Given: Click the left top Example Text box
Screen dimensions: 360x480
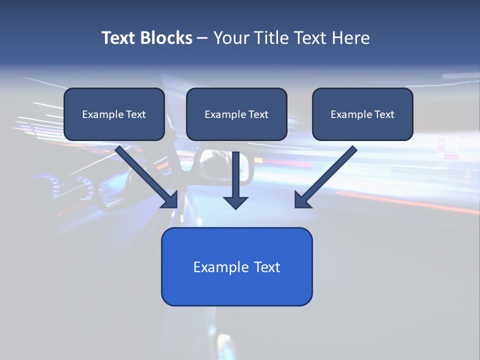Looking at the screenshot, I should click(x=114, y=114).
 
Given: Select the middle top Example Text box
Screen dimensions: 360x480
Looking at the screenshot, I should click(x=236, y=114).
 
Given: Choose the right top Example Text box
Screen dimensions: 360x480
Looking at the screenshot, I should click(x=362, y=114).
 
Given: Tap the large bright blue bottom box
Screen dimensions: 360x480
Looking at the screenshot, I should click(x=236, y=266).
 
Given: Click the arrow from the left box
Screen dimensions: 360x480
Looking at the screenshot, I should click(x=142, y=172).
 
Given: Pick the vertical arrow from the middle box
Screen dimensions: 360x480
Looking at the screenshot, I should click(x=236, y=175).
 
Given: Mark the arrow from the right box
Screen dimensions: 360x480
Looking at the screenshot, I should click(x=330, y=172).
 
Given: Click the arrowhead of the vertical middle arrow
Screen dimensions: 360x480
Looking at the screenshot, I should click(x=236, y=202).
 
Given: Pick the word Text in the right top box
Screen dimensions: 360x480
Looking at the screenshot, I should click(x=384, y=114).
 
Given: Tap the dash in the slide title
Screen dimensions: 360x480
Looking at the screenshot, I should click(x=202, y=38).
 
